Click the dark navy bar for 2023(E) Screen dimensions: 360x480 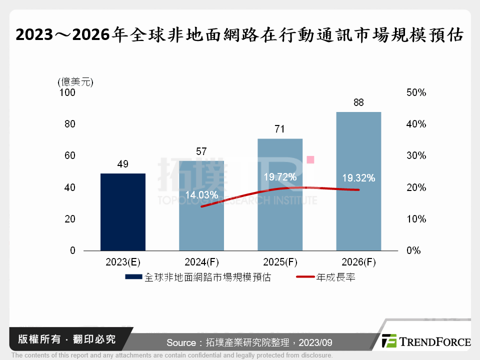(122, 212)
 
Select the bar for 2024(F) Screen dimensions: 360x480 (201, 225)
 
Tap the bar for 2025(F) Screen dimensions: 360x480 (280, 220)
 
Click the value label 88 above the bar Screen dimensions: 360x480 (358, 102)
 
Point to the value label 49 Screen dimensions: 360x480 (122, 164)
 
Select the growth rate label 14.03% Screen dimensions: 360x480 (201, 194)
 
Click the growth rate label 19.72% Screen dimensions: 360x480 (280, 177)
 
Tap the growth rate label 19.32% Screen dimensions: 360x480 (358, 178)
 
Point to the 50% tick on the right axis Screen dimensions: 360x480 (415, 92)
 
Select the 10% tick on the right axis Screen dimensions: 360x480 (415, 219)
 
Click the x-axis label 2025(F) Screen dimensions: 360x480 (280, 262)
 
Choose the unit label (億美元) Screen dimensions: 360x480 (75, 81)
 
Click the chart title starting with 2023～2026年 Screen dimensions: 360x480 (239, 34)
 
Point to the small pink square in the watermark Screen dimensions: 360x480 (310, 159)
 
